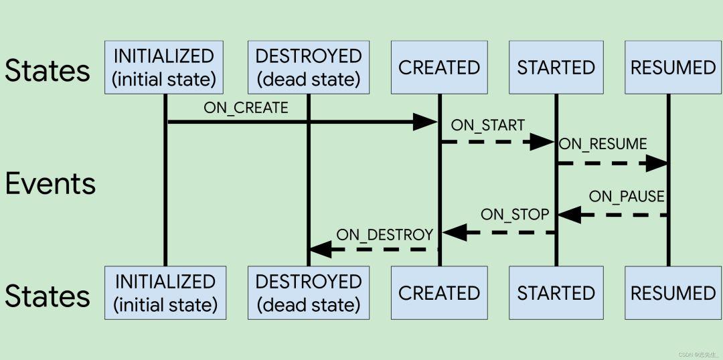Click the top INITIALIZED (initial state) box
click(x=164, y=68)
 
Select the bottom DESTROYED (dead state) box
click(x=308, y=293)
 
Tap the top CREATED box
click(x=439, y=68)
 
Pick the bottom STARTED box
click(x=556, y=293)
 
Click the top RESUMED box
click(x=673, y=68)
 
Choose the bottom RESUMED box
click(x=673, y=293)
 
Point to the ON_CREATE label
click(x=246, y=108)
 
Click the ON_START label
click(x=487, y=125)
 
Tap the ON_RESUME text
click(x=602, y=144)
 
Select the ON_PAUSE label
click(x=627, y=196)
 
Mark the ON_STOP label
click(x=514, y=215)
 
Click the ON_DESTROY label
click(x=384, y=234)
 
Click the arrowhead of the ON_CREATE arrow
click(x=425, y=122)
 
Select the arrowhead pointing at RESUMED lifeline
click(x=656, y=163)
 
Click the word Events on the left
click(x=50, y=184)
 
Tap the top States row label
click(x=47, y=70)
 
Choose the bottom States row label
click(x=47, y=296)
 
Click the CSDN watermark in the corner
click(x=697, y=354)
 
